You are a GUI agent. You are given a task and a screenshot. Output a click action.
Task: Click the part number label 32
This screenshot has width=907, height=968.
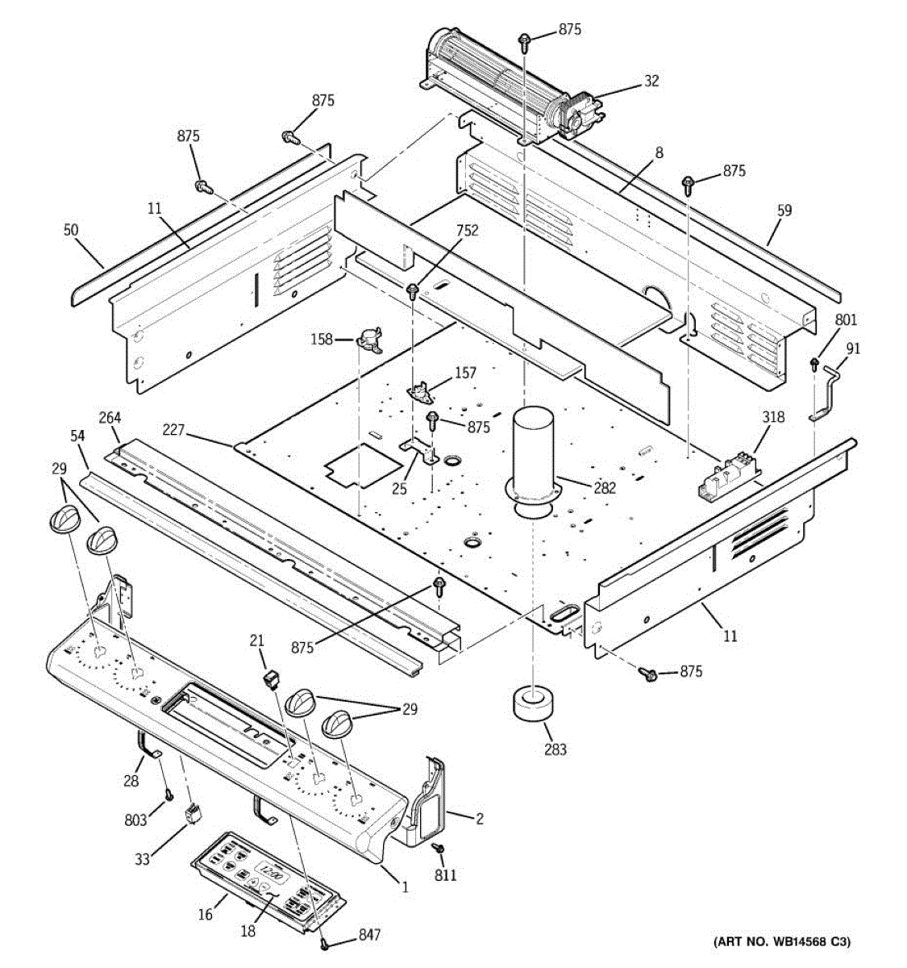651,81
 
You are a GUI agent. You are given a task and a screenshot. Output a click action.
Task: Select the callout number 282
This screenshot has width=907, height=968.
604,487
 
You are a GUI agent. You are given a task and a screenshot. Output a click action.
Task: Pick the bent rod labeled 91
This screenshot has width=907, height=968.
824,393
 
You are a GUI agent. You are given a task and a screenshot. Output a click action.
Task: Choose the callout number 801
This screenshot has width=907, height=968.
846,320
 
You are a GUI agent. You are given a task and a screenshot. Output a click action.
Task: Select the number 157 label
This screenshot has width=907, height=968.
465,373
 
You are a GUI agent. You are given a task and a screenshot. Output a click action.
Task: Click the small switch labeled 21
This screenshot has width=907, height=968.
273,680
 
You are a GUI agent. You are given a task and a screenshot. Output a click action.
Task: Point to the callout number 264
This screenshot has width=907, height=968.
110,418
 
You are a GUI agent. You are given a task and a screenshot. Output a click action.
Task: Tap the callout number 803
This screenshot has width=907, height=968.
135,820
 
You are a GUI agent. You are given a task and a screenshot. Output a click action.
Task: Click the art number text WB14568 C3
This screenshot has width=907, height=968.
780,941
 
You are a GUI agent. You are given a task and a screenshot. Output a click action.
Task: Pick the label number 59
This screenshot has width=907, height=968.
784,211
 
